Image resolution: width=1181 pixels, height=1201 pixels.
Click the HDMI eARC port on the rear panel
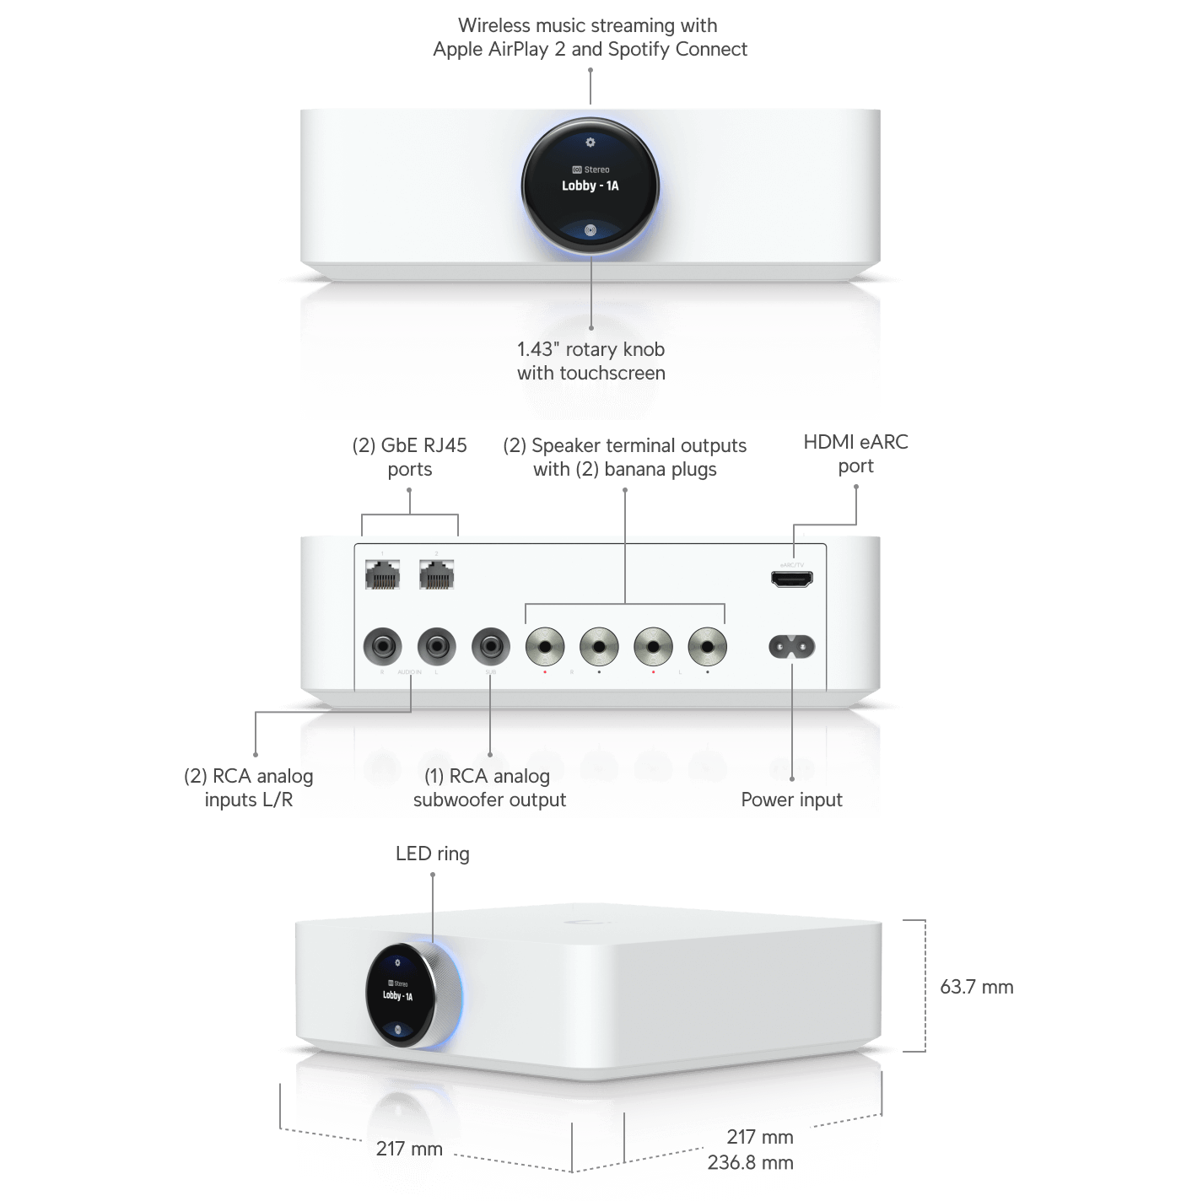click(x=791, y=579)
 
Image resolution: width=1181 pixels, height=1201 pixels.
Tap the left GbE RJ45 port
click(x=382, y=575)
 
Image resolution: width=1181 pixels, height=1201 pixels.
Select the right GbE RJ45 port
click(x=436, y=575)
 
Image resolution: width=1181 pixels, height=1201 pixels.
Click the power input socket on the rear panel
click(x=791, y=647)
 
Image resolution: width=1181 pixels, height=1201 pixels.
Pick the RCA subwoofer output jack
click(x=491, y=647)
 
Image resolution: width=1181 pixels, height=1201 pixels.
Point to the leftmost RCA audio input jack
click(x=382, y=647)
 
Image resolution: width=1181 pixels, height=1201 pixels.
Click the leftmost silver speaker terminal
click(x=545, y=647)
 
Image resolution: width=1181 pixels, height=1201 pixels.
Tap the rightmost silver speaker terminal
click(x=707, y=647)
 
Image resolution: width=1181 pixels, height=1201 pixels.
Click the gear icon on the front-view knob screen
click(x=590, y=143)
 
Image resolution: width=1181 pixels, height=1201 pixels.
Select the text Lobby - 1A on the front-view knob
click(x=590, y=186)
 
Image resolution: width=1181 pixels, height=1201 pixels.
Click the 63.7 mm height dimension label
click(x=977, y=987)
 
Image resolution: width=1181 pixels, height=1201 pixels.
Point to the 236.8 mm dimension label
click(x=749, y=1162)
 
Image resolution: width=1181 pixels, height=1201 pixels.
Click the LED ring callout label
click(x=433, y=854)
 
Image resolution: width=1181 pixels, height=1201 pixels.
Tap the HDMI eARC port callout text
click(x=855, y=454)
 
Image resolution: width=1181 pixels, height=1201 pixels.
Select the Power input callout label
click(x=791, y=800)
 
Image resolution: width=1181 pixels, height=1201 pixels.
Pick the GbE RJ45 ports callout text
click(x=410, y=457)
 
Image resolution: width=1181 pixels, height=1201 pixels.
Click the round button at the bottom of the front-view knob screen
click(x=590, y=229)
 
